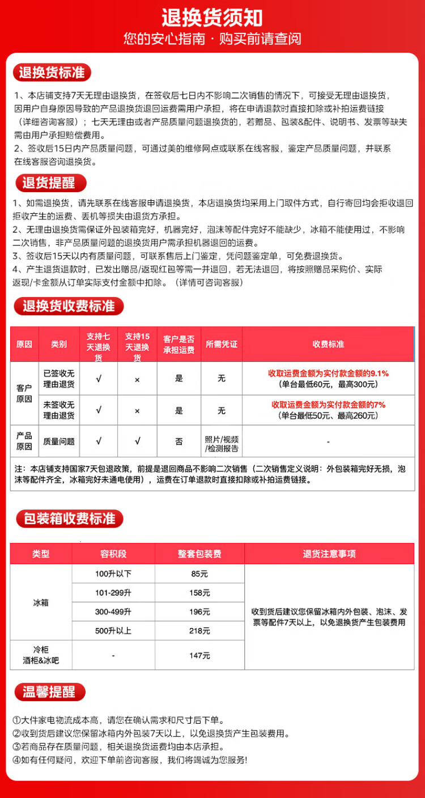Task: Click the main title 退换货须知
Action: pyautogui.click(x=212, y=18)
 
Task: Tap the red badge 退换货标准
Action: pyautogui.click(x=52, y=73)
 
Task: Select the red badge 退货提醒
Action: pyautogui.click(x=48, y=183)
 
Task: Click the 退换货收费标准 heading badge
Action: pyautogui.click(x=68, y=307)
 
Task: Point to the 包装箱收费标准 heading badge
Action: pyautogui.click(x=68, y=518)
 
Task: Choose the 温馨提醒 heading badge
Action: pyautogui.click(x=48, y=692)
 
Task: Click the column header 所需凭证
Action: pyautogui.click(x=221, y=344)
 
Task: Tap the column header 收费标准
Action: pyautogui.click(x=328, y=344)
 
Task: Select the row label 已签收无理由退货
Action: pyautogui.click(x=59, y=378)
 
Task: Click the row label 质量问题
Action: pyautogui.click(x=59, y=441)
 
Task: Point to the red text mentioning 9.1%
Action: pyautogui.click(x=328, y=373)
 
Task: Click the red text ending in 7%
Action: pyautogui.click(x=328, y=405)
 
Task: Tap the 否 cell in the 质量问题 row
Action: pyautogui.click(x=178, y=441)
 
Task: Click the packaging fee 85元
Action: pyautogui.click(x=199, y=574)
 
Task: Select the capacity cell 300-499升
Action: pyautogui.click(x=113, y=612)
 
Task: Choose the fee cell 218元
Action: pyautogui.click(x=199, y=630)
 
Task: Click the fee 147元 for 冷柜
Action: pyautogui.click(x=199, y=655)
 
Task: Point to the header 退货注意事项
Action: pyautogui.click(x=329, y=554)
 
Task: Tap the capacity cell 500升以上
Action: pyautogui.click(x=113, y=630)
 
